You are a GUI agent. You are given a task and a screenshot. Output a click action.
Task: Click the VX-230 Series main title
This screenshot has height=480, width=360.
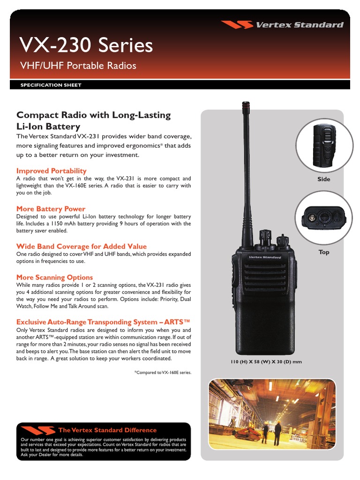(x=86, y=46)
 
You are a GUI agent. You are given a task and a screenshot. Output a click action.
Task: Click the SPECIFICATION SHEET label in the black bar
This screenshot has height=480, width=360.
(x=51, y=85)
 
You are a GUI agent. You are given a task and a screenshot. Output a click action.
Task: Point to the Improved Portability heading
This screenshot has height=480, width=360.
(x=52, y=171)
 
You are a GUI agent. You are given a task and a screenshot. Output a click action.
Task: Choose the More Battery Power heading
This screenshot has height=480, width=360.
(x=51, y=209)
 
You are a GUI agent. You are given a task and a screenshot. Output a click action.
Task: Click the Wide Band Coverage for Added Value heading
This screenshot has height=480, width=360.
(x=82, y=246)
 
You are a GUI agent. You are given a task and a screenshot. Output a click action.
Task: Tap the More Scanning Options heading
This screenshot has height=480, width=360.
(x=54, y=277)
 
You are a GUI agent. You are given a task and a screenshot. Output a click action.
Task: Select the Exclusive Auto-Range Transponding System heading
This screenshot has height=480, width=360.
(x=104, y=322)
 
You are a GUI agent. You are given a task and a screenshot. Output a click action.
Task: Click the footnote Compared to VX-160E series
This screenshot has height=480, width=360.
(x=163, y=372)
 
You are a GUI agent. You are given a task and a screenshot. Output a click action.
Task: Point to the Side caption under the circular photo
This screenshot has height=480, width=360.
(x=323, y=179)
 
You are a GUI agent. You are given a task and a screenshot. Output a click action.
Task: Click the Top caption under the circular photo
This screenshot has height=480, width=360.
(x=323, y=252)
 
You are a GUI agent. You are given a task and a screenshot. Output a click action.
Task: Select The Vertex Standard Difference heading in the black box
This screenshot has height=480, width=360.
(x=107, y=430)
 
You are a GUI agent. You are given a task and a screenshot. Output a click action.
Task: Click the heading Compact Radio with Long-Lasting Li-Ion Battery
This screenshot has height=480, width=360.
(x=93, y=120)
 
